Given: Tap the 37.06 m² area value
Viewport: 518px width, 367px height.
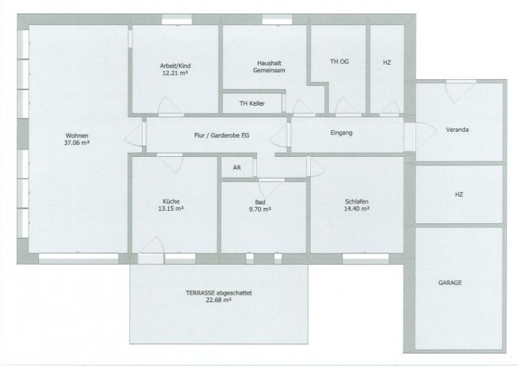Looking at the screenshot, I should coord(76,141).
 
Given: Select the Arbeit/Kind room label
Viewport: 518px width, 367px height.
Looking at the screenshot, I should coord(175,65).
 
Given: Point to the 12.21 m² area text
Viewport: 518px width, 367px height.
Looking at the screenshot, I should coord(175,73).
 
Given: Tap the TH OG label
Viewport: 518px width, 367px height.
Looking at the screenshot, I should coord(339,62).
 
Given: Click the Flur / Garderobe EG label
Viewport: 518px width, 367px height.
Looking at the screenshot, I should coord(217,135).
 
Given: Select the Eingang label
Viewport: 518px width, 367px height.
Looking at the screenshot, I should coord(341,133).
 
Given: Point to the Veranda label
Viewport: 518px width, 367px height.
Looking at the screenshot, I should coord(457,130).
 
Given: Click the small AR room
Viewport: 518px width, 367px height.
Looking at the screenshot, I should coord(237,167).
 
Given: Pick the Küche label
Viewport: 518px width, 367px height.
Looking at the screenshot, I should coord(172,201).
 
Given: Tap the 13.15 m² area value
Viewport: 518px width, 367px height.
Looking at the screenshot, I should coord(172,209).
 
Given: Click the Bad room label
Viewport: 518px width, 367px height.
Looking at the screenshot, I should coord(260,202).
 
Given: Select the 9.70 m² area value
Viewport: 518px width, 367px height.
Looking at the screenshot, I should coord(260,209).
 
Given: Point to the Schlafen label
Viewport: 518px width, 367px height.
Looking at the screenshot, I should coord(357,202).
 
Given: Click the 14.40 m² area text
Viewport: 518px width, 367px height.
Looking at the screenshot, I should coord(357,209).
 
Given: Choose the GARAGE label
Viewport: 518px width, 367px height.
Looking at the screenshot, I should coord(450,283).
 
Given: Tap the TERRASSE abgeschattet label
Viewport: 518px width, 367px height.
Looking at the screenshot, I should coord(219,293).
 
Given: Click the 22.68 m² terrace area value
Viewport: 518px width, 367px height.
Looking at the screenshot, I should coord(219,300).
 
